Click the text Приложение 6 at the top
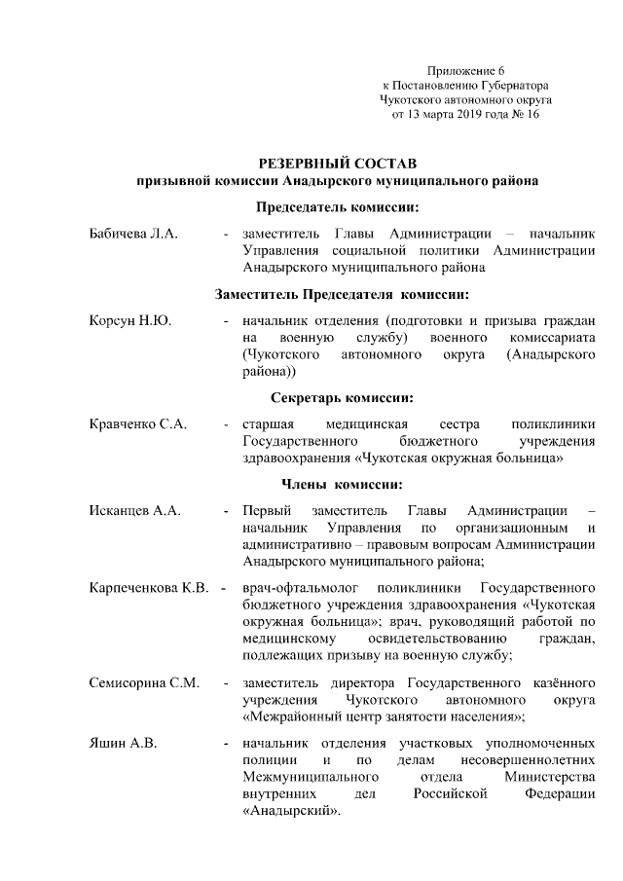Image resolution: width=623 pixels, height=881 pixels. tap(466, 71)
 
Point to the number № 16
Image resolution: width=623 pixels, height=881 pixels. tap(525, 114)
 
